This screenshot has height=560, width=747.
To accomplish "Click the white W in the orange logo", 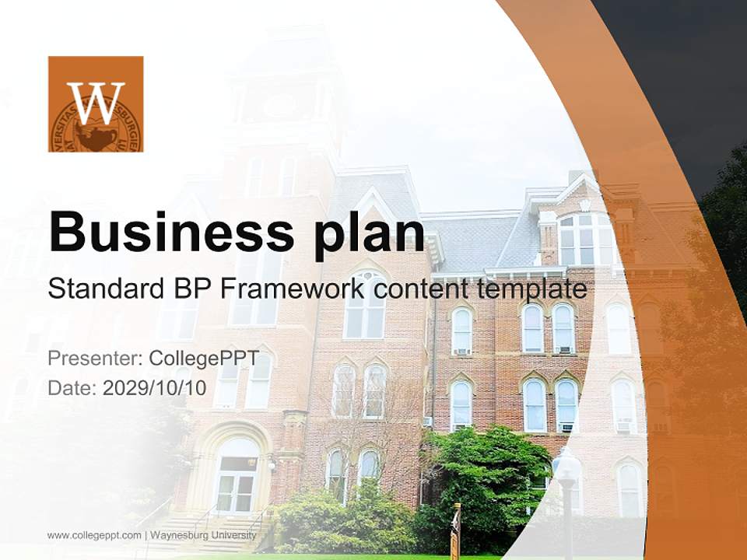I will (x=96, y=102).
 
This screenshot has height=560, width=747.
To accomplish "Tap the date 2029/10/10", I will (x=154, y=388).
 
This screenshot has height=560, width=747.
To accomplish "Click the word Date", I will (x=71, y=388).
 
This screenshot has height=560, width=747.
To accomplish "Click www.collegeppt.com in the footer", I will (x=94, y=535).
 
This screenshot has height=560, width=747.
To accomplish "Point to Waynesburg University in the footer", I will (x=203, y=535).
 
